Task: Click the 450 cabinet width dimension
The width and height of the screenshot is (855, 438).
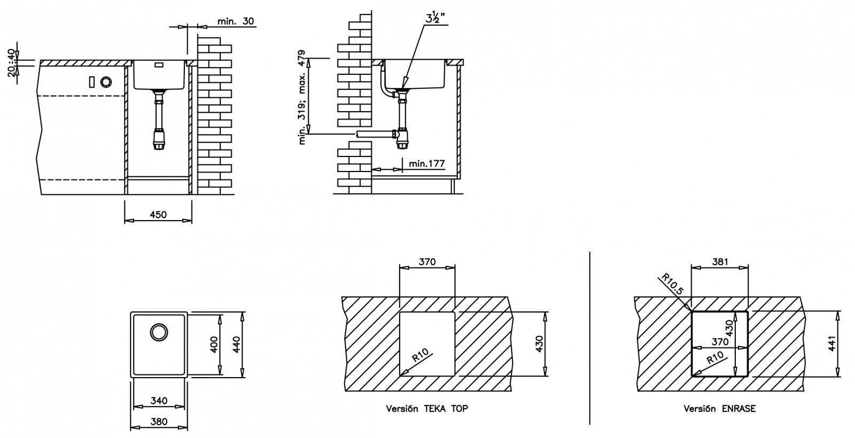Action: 158,215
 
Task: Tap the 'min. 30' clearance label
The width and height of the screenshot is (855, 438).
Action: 236,21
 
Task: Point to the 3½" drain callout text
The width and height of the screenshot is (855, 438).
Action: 436,18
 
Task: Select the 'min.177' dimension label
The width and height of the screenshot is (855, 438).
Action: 427,163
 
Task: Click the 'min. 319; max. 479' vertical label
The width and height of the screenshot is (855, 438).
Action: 302,97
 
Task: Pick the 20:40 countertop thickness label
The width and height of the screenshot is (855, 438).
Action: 12,63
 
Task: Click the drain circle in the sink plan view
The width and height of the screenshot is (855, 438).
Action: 159,332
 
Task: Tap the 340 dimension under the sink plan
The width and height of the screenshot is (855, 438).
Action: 159,401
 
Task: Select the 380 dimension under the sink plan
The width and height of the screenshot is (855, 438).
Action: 159,421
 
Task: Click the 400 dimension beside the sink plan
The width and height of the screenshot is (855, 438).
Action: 214,345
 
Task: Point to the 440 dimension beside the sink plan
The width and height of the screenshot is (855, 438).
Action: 236,345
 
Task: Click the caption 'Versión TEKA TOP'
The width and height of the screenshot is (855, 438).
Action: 427,409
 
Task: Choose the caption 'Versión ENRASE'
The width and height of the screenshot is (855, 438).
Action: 719,409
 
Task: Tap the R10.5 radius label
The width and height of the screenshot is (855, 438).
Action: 672,284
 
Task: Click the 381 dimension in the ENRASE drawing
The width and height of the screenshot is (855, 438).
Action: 720,262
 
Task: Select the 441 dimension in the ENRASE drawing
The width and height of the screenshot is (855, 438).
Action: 832,343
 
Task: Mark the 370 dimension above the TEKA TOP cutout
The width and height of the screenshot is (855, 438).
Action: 427,262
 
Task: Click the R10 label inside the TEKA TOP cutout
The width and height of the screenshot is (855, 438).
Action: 420,356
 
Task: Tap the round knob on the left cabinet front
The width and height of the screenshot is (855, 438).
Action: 106,82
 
